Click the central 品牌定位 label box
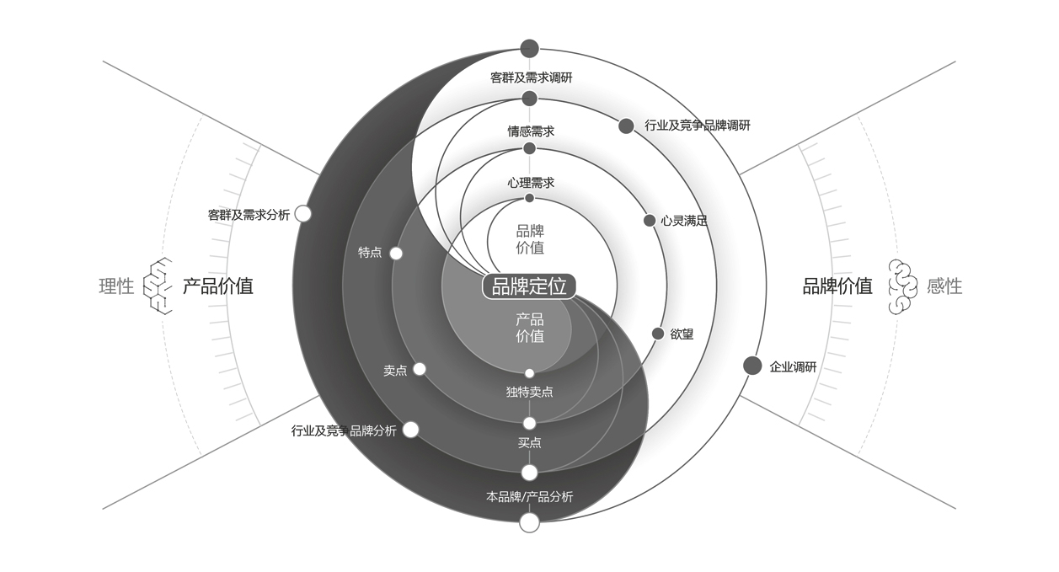tap(529, 286)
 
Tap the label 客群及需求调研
tap(532, 78)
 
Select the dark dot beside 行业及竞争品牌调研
tap(626, 126)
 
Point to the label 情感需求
tap(531, 131)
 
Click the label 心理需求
tap(531, 182)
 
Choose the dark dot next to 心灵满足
tap(650, 221)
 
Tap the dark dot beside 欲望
tap(658, 334)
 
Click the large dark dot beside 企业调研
tap(752, 366)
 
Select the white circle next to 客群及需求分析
tap(303, 214)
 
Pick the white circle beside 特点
tap(396, 253)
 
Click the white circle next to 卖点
tap(420, 369)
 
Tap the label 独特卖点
tap(530, 392)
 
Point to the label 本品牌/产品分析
tap(530, 496)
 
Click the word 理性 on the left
tap(116, 286)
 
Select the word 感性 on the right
tap(944, 286)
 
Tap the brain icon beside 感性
tap(902, 286)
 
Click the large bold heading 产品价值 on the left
tap(218, 286)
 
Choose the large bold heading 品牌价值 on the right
tap(837, 286)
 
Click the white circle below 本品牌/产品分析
tap(529, 522)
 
